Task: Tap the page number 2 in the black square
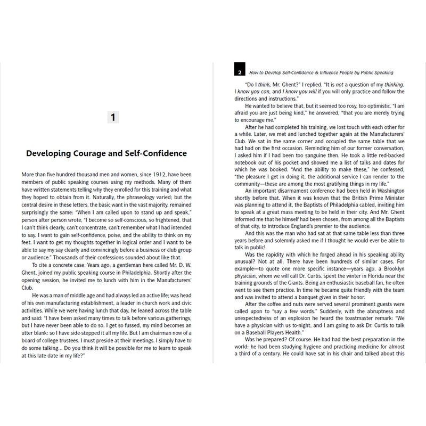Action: pos(240,72)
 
